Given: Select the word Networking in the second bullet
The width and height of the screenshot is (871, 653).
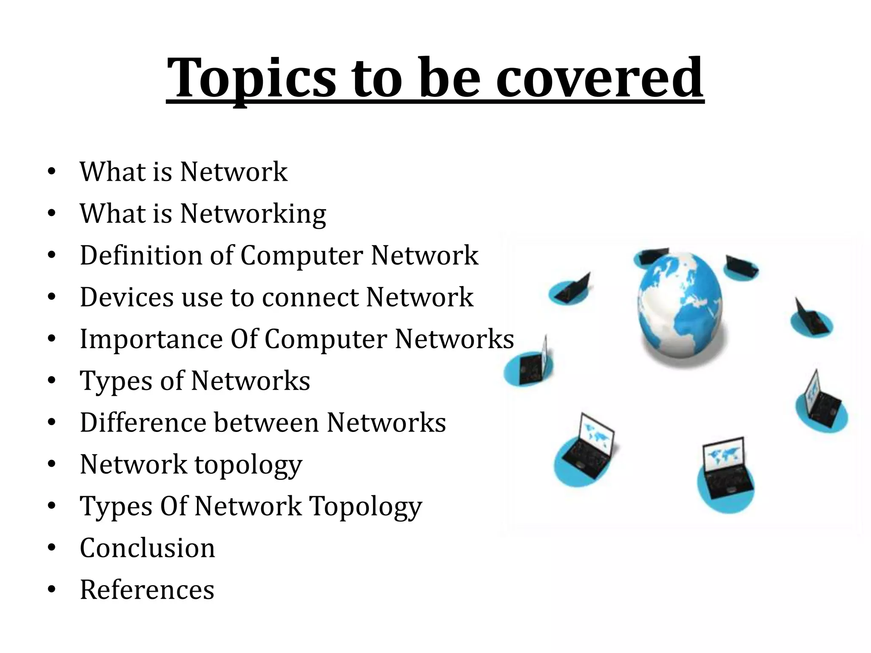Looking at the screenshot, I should [253, 214].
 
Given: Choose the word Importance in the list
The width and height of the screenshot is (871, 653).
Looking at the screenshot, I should [151, 339].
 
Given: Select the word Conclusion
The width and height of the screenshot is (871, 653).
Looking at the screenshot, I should [147, 548].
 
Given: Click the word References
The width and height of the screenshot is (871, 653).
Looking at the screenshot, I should [147, 590].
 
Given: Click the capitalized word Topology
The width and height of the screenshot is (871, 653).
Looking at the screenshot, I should [365, 506].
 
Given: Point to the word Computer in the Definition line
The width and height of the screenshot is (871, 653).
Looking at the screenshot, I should [302, 255].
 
